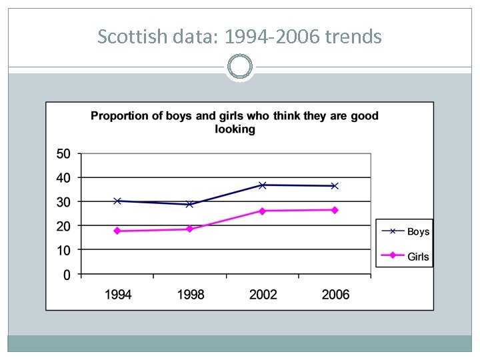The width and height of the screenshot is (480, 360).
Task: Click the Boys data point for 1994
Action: pyautogui.click(x=117, y=201)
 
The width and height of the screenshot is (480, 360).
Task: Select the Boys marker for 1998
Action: pyautogui.click(x=189, y=204)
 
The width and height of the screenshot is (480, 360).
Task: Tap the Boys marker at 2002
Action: pyautogui.click(x=262, y=185)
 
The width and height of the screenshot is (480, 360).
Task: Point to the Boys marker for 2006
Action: pyautogui.click(x=335, y=186)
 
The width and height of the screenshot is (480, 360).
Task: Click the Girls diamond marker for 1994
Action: pyautogui.click(x=117, y=231)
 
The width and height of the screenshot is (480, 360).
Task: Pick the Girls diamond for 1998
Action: pyautogui.click(x=189, y=229)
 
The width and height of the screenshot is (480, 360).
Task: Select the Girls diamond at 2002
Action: pyautogui.click(x=262, y=211)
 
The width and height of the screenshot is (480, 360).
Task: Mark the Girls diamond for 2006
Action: pyautogui.click(x=335, y=210)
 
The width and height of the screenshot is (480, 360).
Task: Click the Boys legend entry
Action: pyautogui.click(x=405, y=231)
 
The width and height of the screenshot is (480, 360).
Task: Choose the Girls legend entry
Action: pyautogui.click(x=405, y=256)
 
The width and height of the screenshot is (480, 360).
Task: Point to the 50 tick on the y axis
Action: pyautogui.click(x=63, y=154)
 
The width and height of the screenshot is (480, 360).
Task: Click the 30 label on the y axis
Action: pyautogui.click(x=63, y=202)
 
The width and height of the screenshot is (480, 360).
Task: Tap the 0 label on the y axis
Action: pyautogui.click(x=67, y=275)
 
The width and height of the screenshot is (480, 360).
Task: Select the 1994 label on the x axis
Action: pyautogui.click(x=118, y=295)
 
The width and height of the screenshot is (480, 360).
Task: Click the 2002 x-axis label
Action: pyautogui.click(x=263, y=295)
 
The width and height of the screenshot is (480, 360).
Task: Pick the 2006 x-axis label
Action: pyautogui.click(x=335, y=295)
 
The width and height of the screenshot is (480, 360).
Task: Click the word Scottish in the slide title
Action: pyautogui.click(x=124, y=37)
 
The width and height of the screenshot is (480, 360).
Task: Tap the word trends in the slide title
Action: pyautogui.click(x=353, y=37)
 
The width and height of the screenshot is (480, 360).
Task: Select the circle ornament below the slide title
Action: pyautogui.click(x=240, y=67)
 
